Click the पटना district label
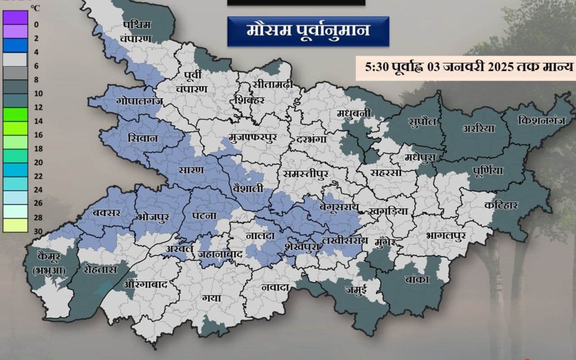(x=204, y=216)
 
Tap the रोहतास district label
(x=100, y=270)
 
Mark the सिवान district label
(x=143, y=138)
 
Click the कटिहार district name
(x=502, y=205)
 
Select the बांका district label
(x=417, y=279)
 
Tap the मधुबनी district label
(x=354, y=113)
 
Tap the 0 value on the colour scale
(x=36, y=25)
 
